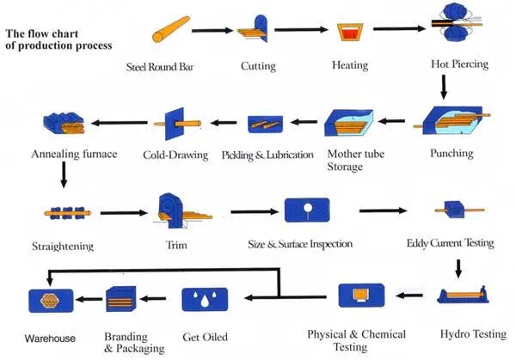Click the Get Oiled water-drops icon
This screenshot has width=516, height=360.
click(204, 300)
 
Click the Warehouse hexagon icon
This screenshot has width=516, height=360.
click(48, 301)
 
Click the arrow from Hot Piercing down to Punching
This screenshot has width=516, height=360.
click(443, 87)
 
